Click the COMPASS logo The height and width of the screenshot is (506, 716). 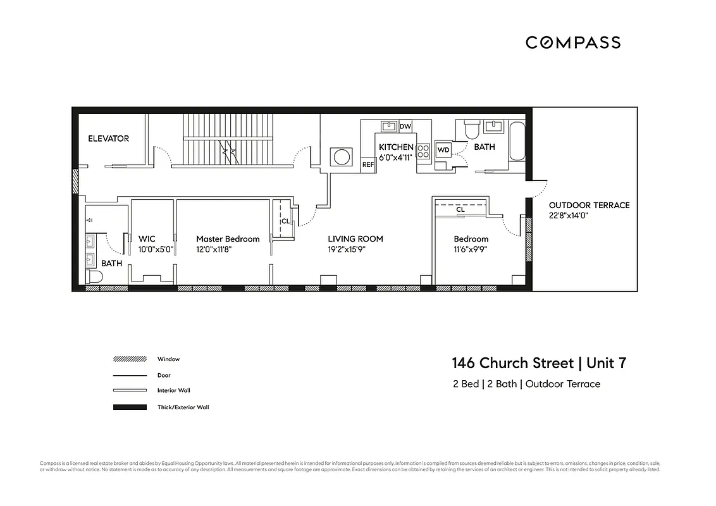(573, 42)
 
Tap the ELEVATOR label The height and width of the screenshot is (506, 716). (108, 139)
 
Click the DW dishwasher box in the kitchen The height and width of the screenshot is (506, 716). (405, 126)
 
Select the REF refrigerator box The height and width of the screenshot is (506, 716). (367, 164)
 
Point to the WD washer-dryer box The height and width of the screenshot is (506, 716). (443, 150)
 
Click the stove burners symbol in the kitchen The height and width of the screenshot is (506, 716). (423, 151)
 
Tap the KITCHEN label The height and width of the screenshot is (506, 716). (396, 147)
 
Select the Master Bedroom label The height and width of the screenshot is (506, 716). (228, 239)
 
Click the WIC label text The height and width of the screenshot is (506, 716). (147, 239)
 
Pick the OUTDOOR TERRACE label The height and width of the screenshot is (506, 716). (589, 205)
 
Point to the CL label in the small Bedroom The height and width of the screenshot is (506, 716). (460, 209)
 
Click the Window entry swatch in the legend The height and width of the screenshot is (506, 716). (130, 359)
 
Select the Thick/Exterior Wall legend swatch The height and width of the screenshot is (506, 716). (130, 407)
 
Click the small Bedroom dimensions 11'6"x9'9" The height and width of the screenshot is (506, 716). (470, 249)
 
